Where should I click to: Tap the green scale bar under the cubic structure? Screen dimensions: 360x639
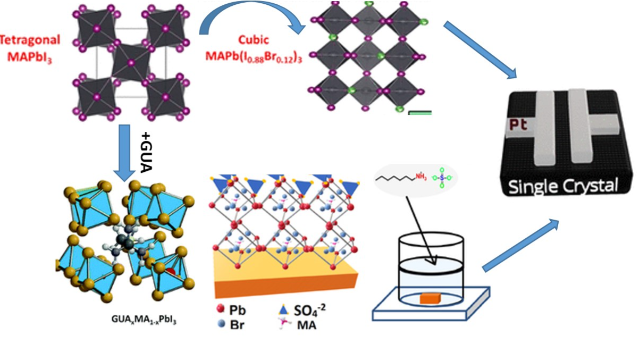[x=419, y=112]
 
